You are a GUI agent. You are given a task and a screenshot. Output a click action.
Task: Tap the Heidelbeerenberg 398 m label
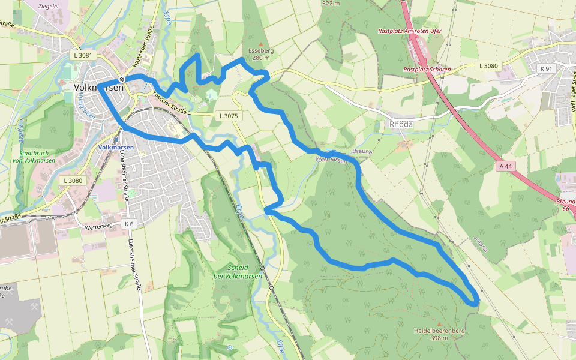439,334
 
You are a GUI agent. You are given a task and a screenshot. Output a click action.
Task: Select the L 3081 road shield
83,55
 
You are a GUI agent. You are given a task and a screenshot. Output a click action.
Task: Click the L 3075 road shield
229,115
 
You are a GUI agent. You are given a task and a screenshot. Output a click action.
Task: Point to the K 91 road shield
545,69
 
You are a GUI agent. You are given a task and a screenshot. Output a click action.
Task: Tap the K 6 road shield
130,224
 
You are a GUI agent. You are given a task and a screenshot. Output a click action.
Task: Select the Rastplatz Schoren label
427,70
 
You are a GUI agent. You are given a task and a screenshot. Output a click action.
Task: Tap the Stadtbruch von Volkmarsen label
34,156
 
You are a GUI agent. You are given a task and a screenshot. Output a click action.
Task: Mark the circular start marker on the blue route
122,79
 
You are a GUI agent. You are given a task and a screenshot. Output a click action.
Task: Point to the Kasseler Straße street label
170,100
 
